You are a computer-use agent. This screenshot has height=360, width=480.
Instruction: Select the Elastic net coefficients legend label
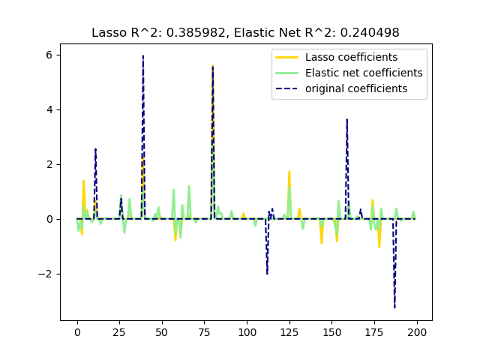click(x=364, y=73)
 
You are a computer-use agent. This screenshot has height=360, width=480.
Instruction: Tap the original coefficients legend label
click(x=356, y=88)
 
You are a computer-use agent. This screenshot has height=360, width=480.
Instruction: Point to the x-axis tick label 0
click(x=77, y=332)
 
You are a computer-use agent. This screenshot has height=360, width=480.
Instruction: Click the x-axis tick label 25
click(x=119, y=332)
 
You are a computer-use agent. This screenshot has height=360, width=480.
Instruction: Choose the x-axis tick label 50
click(x=162, y=332)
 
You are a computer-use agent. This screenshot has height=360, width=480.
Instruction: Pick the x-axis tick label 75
click(x=205, y=332)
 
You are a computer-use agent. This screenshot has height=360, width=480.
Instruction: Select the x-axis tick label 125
click(x=289, y=332)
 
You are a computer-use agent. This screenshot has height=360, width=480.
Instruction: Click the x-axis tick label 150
click(x=332, y=332)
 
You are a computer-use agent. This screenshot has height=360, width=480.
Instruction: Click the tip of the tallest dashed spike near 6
click(x=143, y=55)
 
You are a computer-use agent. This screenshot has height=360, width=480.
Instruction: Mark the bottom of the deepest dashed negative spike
click(x=394, y=307)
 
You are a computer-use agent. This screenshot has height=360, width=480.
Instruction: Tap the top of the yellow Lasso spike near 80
click(x=213, y=66)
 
